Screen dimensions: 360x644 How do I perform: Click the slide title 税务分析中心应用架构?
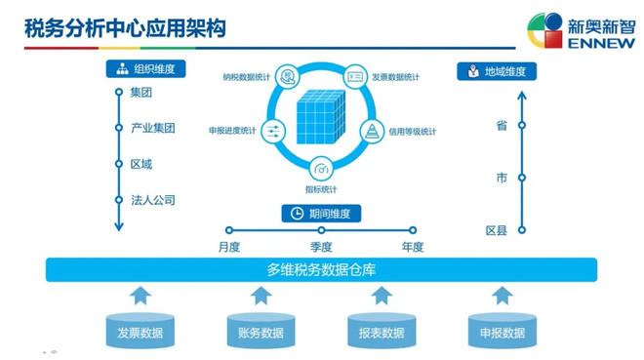(125, 27)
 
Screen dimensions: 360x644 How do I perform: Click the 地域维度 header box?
(497, 70)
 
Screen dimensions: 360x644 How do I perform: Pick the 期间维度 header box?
(322, 213)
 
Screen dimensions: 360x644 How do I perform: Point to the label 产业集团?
(152, 128)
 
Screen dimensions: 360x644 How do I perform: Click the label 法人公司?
(152, 200)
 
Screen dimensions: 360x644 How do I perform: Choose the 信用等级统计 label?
(413, 131)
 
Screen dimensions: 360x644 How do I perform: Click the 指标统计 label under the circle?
(321, 188)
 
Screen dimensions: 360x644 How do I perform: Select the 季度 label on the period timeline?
(322, 246)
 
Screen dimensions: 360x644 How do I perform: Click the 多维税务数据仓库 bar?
(321, 269)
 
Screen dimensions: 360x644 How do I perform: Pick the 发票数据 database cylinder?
(140, 332)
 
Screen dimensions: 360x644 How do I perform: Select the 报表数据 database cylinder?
(381, 332)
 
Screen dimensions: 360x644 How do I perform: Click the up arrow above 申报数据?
(502, 296)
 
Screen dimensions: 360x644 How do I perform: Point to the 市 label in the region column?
(502, 178)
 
